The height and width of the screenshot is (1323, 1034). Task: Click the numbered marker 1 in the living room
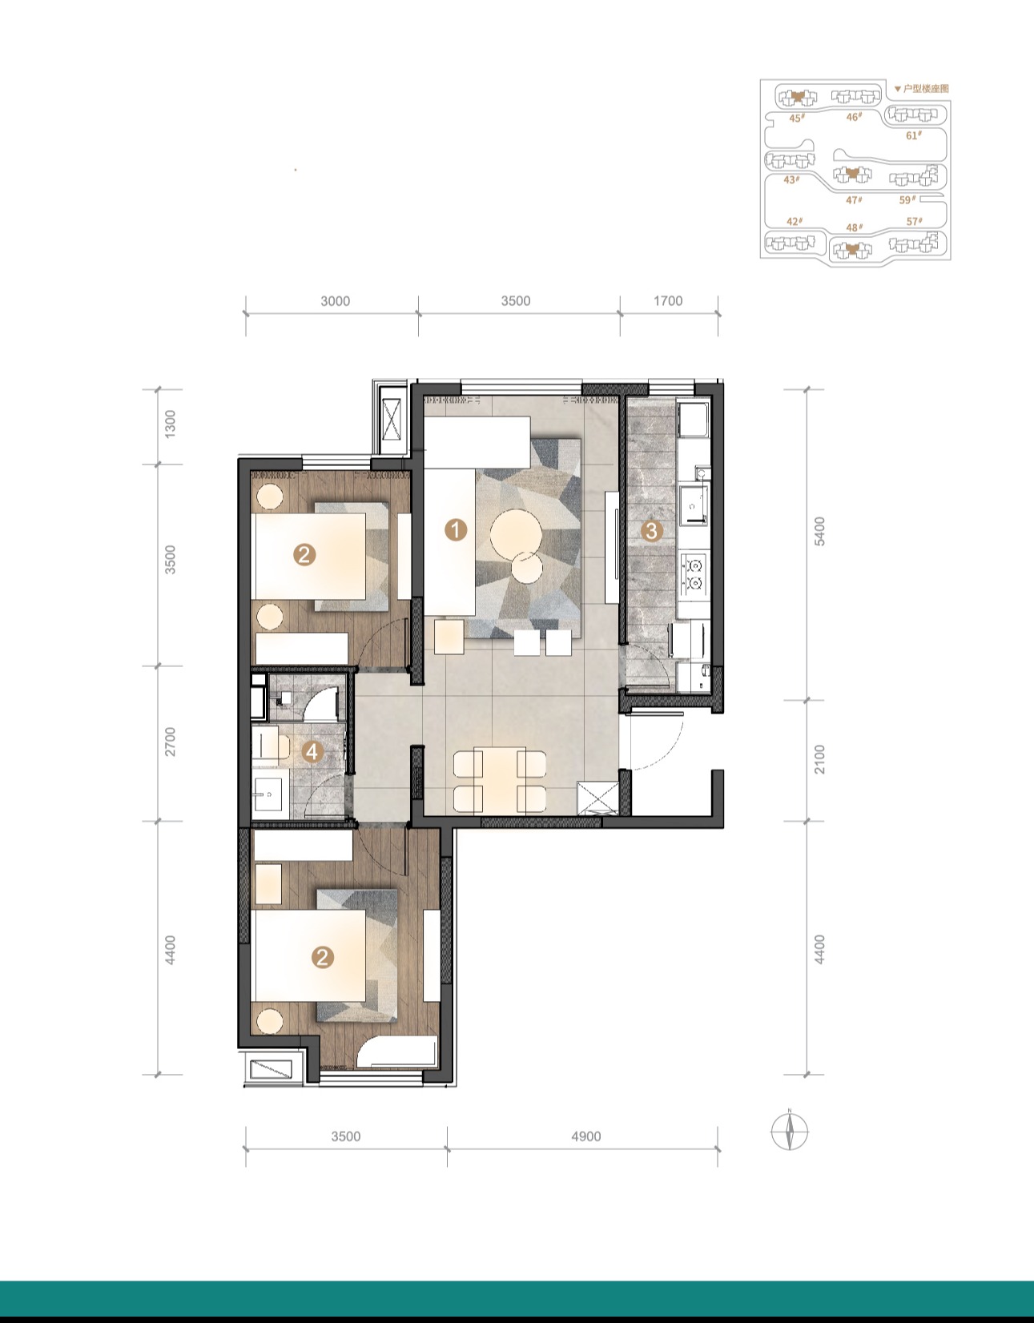pyautogui.click(x=456, y=529)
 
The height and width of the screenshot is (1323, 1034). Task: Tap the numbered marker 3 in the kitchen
pyautogui.click(x=651, y=531)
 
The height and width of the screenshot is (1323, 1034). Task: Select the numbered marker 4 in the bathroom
pyautogui.click(x=312, y=752)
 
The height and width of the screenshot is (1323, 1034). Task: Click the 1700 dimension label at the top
pyautogui.click(x=668, y=301)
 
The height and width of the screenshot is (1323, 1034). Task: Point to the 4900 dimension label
pyautogui.click(x=586, y=1136)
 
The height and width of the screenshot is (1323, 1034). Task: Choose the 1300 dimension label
pyautogui.click(x=171, y=423)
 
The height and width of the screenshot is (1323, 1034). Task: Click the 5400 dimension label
pyautogui.click(x=820, y=531)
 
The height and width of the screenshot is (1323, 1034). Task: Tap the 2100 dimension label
pyautogui.click(x=820, y=758)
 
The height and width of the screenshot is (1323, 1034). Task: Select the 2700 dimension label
pyautogui.click(x=171, y=742)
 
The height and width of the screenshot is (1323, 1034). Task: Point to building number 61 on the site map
pyautogui.click(x=914, y=135)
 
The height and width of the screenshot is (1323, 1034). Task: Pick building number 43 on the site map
pyautogui.click(x=791, y=179)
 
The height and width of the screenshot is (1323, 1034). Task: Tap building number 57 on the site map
pyautogui.click(x=914, y=222)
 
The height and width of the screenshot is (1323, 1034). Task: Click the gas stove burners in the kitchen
pyautogui.click(x=694, y=573)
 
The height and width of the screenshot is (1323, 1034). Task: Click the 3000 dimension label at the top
pyautogui.click(x=336, y=301)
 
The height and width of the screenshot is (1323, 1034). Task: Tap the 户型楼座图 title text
pyautogui.click(x=926, y=89)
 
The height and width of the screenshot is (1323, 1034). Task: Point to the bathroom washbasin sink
pyautogui.click(x=268, y=794)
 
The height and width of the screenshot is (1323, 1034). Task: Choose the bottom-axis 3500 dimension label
pyautogui.click(x=346, y=1136)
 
